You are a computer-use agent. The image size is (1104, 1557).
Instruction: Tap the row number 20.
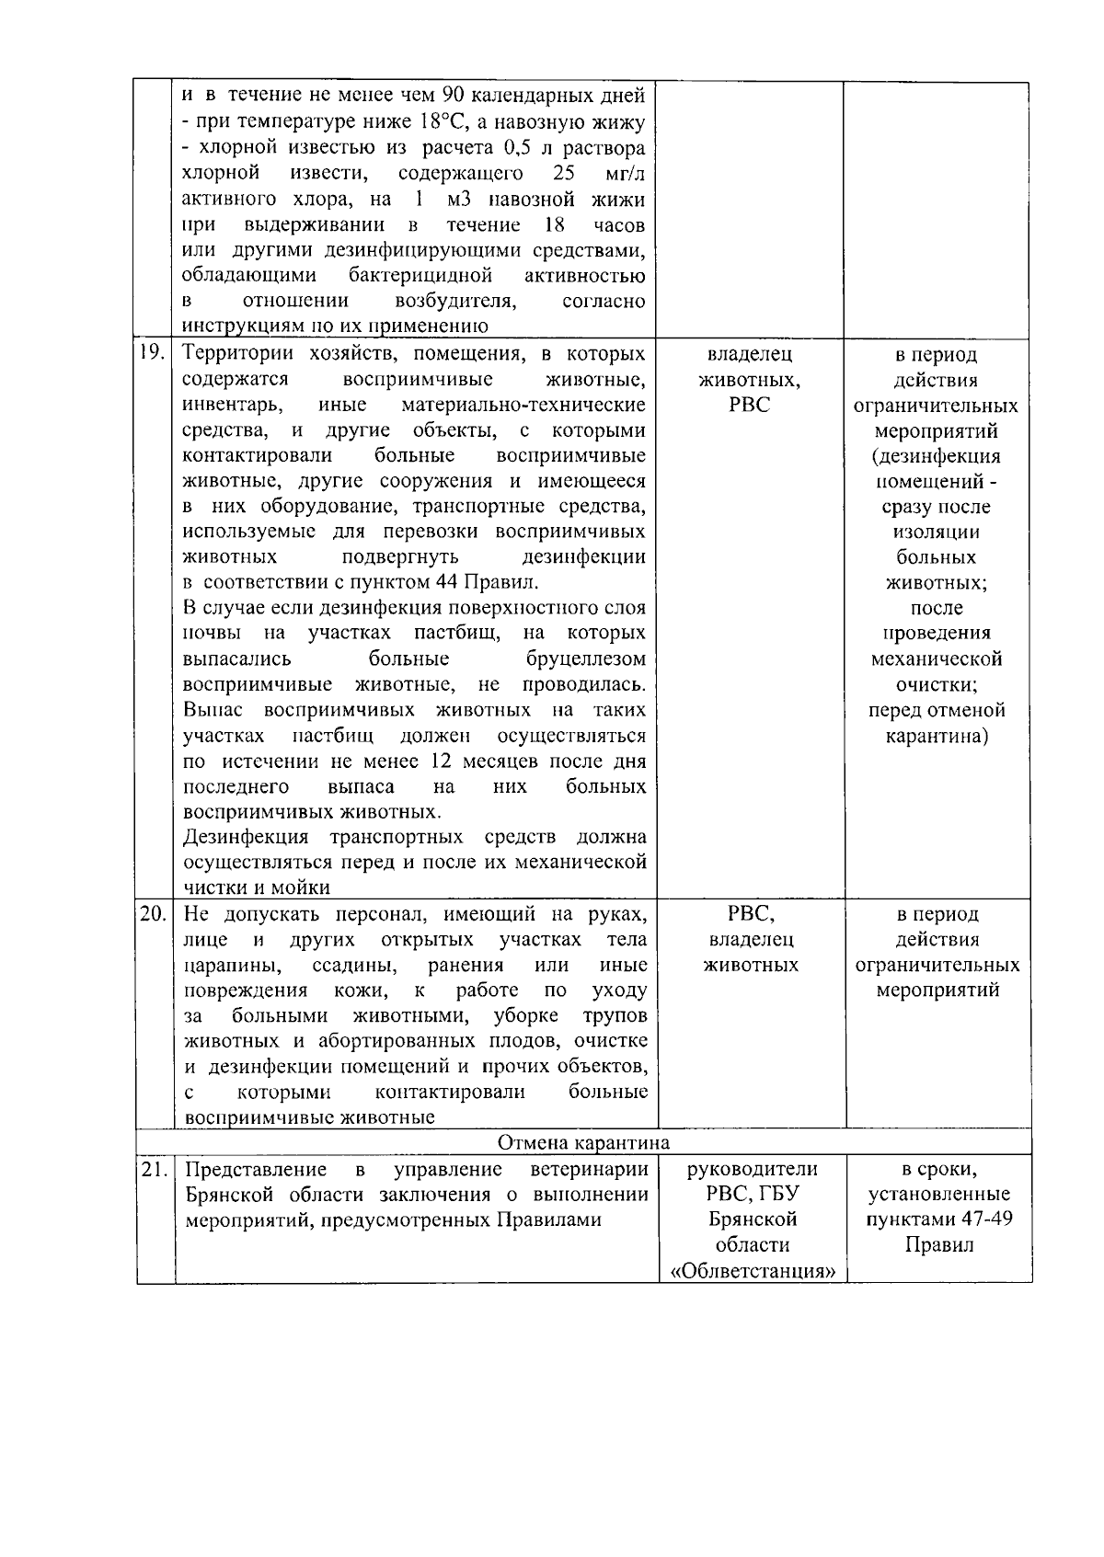[153, 914]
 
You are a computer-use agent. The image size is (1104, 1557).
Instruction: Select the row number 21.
[153, 1170]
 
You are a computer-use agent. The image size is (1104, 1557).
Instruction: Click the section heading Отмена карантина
[583, 1143]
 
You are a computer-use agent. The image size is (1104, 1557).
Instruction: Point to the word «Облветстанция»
[752, 1271]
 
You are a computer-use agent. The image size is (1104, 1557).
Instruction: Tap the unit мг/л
[626, 174]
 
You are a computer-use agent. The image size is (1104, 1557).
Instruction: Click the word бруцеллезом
[586, 659]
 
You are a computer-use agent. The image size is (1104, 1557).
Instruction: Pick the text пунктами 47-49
[937, 1220]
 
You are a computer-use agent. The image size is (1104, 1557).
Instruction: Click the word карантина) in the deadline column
[937, 737]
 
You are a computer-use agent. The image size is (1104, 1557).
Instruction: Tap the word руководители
[752, 1170]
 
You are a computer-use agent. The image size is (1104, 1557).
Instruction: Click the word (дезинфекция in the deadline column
[936, 457]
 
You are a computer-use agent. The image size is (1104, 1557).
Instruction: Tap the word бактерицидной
[420, 276]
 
